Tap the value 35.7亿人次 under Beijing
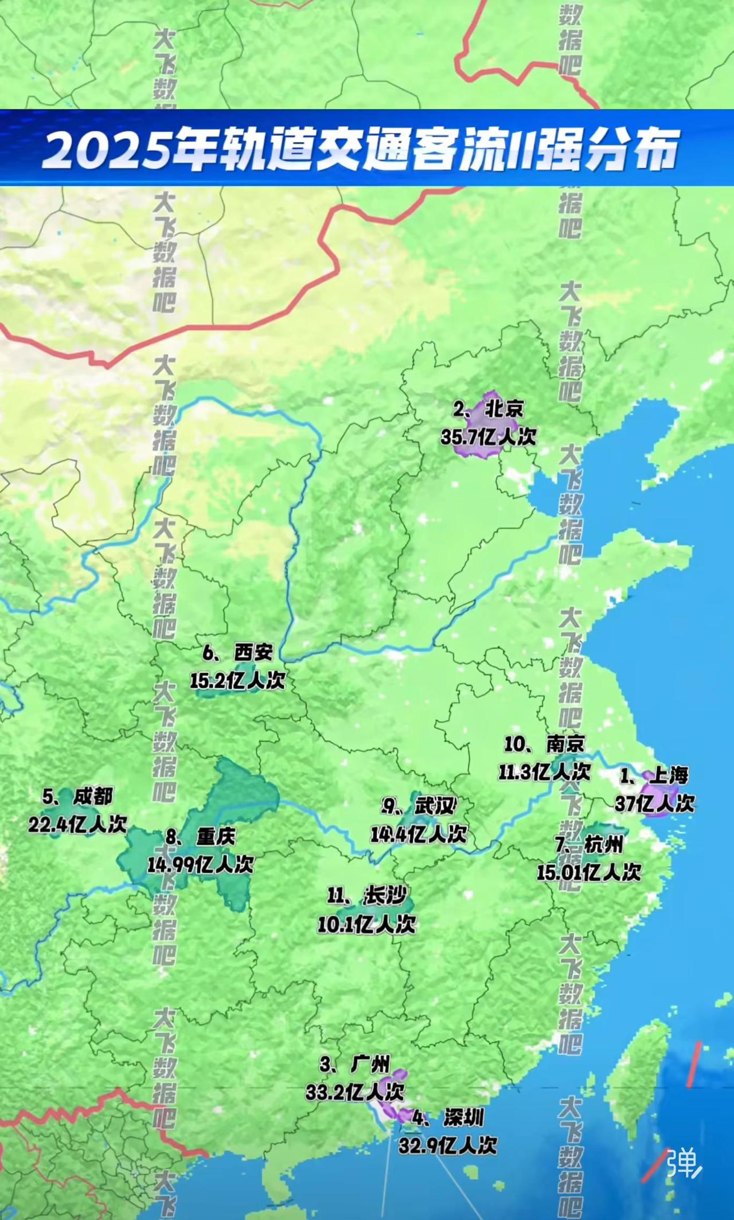point(488,437)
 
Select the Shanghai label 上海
point(669,776)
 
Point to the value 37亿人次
point(654,804)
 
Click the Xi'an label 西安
point(253,653)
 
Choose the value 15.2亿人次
point(237,681)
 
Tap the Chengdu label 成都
point(93,796)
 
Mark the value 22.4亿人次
point(77,824)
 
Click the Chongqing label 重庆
point(216,837)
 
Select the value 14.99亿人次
point(200,864)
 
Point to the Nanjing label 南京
point(565,744)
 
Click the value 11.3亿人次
point(544,771)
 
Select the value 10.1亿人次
point(366,924)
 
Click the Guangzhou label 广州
point(370,1065)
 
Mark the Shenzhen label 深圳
point(463,1117)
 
